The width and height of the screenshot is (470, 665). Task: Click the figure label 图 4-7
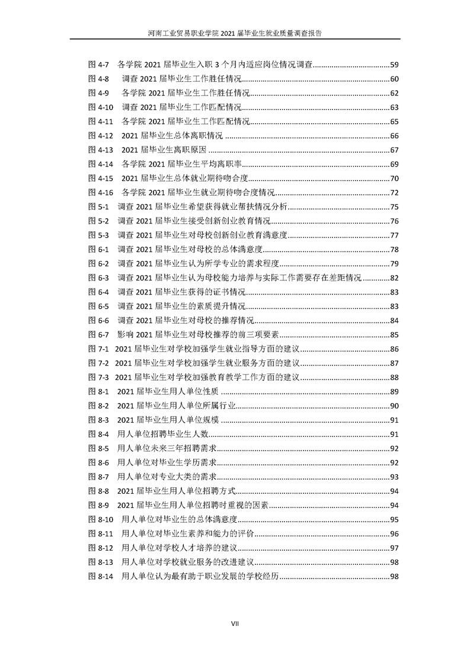(x=98, y=64)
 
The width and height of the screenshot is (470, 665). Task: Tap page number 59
(x=394, y=64)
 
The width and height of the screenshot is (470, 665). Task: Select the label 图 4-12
(x=101, y=136)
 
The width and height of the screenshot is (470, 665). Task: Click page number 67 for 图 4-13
(x=394, y=150)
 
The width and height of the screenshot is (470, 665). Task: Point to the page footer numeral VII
(x=235, y=623)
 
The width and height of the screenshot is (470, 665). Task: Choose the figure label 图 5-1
(x=98, y=207)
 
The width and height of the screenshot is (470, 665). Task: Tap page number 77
(x=394, y=235)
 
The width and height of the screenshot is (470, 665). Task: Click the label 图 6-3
(x=98, y=278)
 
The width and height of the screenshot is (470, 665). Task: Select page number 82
(x=394, y=278)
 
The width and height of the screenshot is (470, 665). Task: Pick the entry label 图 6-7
(x=98, y=335)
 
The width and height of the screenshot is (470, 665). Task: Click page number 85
(x=394, y=335)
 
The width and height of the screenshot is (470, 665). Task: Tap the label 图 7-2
(x=98, y=363)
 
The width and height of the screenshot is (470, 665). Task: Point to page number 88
(x=394, y=377)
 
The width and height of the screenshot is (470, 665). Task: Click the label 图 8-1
(x=98, y=391)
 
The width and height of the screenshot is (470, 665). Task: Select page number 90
(x=394, y=405)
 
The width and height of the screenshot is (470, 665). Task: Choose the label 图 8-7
(x=98, y=477)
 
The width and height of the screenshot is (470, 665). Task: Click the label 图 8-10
(x=101, y=519)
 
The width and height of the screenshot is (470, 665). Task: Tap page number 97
(x=394, y=548)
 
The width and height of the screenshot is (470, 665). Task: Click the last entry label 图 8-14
(x=101, y=576)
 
